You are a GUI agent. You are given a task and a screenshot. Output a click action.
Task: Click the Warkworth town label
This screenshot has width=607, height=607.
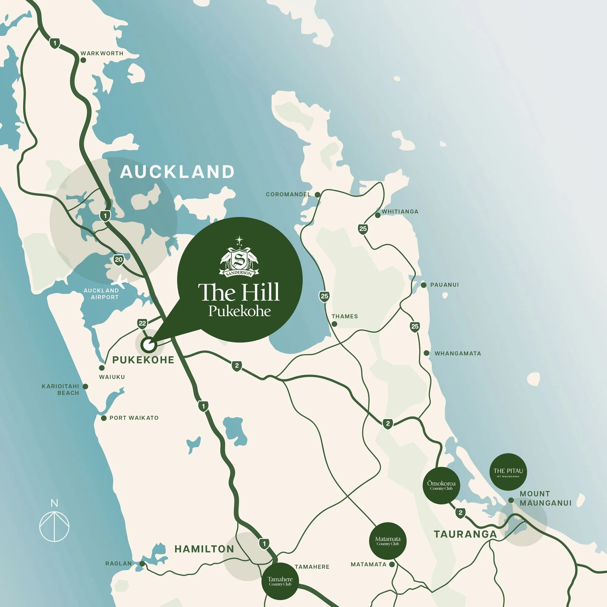(102, 53)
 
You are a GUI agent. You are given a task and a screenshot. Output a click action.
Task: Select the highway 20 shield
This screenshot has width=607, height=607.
(118, 260)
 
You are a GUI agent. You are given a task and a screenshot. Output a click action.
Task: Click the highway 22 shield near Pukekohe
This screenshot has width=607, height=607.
(142, 323)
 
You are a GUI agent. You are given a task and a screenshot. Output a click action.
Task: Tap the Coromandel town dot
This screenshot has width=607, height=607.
(317, 195)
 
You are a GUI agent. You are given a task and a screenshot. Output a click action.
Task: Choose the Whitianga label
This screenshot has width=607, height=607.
(400, 212)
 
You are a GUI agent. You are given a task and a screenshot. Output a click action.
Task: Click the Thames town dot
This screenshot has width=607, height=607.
(334, 324)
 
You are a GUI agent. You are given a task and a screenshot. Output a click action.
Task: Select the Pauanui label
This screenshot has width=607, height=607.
(444, 285)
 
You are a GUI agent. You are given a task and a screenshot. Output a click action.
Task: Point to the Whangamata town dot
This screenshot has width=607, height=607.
(426, 353)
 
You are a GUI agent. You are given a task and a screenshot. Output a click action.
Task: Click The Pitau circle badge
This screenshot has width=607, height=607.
(508, 472)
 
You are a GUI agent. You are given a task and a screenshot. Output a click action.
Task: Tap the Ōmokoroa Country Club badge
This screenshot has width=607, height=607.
(441, 485)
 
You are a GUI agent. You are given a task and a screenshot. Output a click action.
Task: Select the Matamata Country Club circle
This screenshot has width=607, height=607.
(388, 541)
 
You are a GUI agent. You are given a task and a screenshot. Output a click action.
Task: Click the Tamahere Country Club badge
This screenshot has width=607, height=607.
(280, 581)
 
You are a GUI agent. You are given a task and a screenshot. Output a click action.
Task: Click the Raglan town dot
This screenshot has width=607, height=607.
(142, 564)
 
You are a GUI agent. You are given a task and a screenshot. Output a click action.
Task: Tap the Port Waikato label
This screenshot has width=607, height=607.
(134, 418)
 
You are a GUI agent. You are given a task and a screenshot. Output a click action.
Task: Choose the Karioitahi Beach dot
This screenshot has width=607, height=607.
(85, 386)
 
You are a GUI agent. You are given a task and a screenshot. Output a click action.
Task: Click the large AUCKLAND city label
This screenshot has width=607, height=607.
(177, 172)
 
